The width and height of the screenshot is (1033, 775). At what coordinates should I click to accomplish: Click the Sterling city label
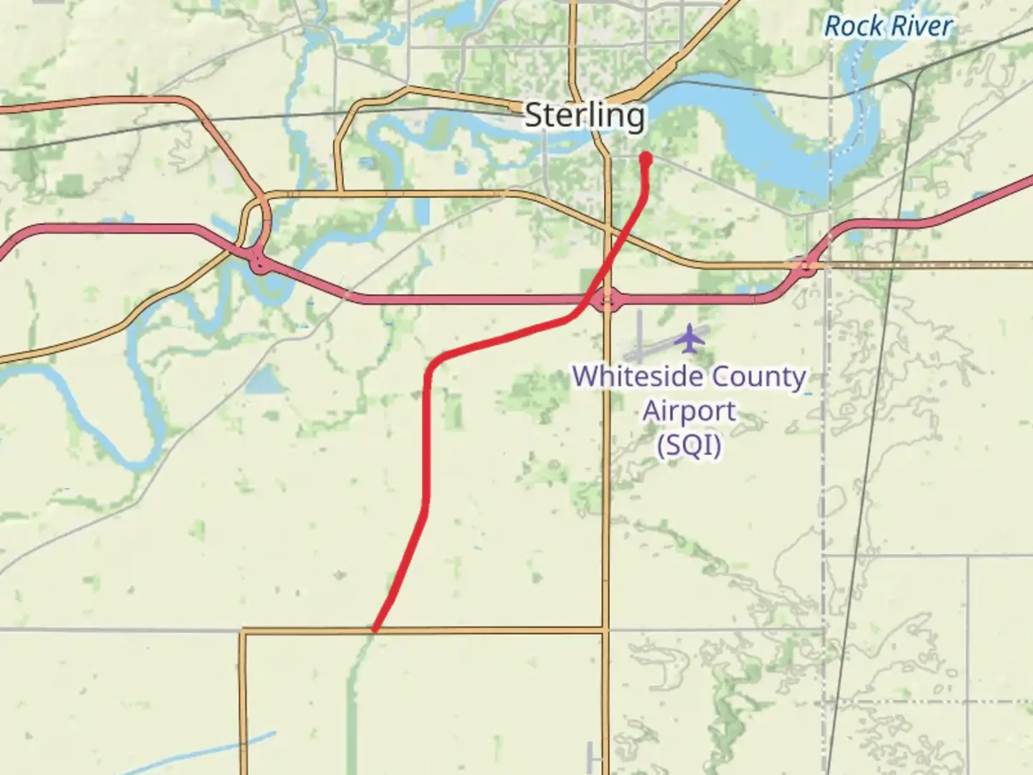[x=585, y=116]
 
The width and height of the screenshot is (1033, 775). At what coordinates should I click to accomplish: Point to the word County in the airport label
[x=763, y=377]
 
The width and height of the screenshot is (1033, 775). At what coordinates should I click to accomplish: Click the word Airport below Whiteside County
[x=689, y=411]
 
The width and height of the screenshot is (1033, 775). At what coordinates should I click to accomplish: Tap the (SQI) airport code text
[x=689, y=446]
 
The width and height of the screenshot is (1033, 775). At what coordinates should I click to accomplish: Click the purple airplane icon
[x=689, y=338]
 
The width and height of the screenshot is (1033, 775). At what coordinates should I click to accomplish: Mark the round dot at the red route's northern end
[x=646, y=158]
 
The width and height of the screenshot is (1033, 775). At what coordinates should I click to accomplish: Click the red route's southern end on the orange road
[x=374, y=630]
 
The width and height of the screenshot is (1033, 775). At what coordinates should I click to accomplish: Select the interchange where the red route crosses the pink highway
[x=608, y=299]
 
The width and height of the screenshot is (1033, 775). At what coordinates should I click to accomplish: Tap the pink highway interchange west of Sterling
[x=260, y=264]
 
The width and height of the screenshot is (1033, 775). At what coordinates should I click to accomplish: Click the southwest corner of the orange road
[x=244, y=631]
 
